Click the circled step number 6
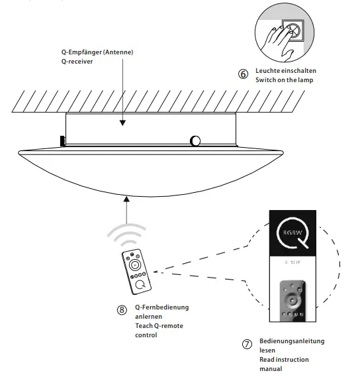click(243, 74)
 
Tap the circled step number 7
click(247, 345)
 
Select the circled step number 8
click(121, 309)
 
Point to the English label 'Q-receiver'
click(76, 62)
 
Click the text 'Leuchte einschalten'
click(287, 70)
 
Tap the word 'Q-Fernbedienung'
click(161, 307)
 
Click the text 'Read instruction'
click(283, 359)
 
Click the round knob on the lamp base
click(196, 140)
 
